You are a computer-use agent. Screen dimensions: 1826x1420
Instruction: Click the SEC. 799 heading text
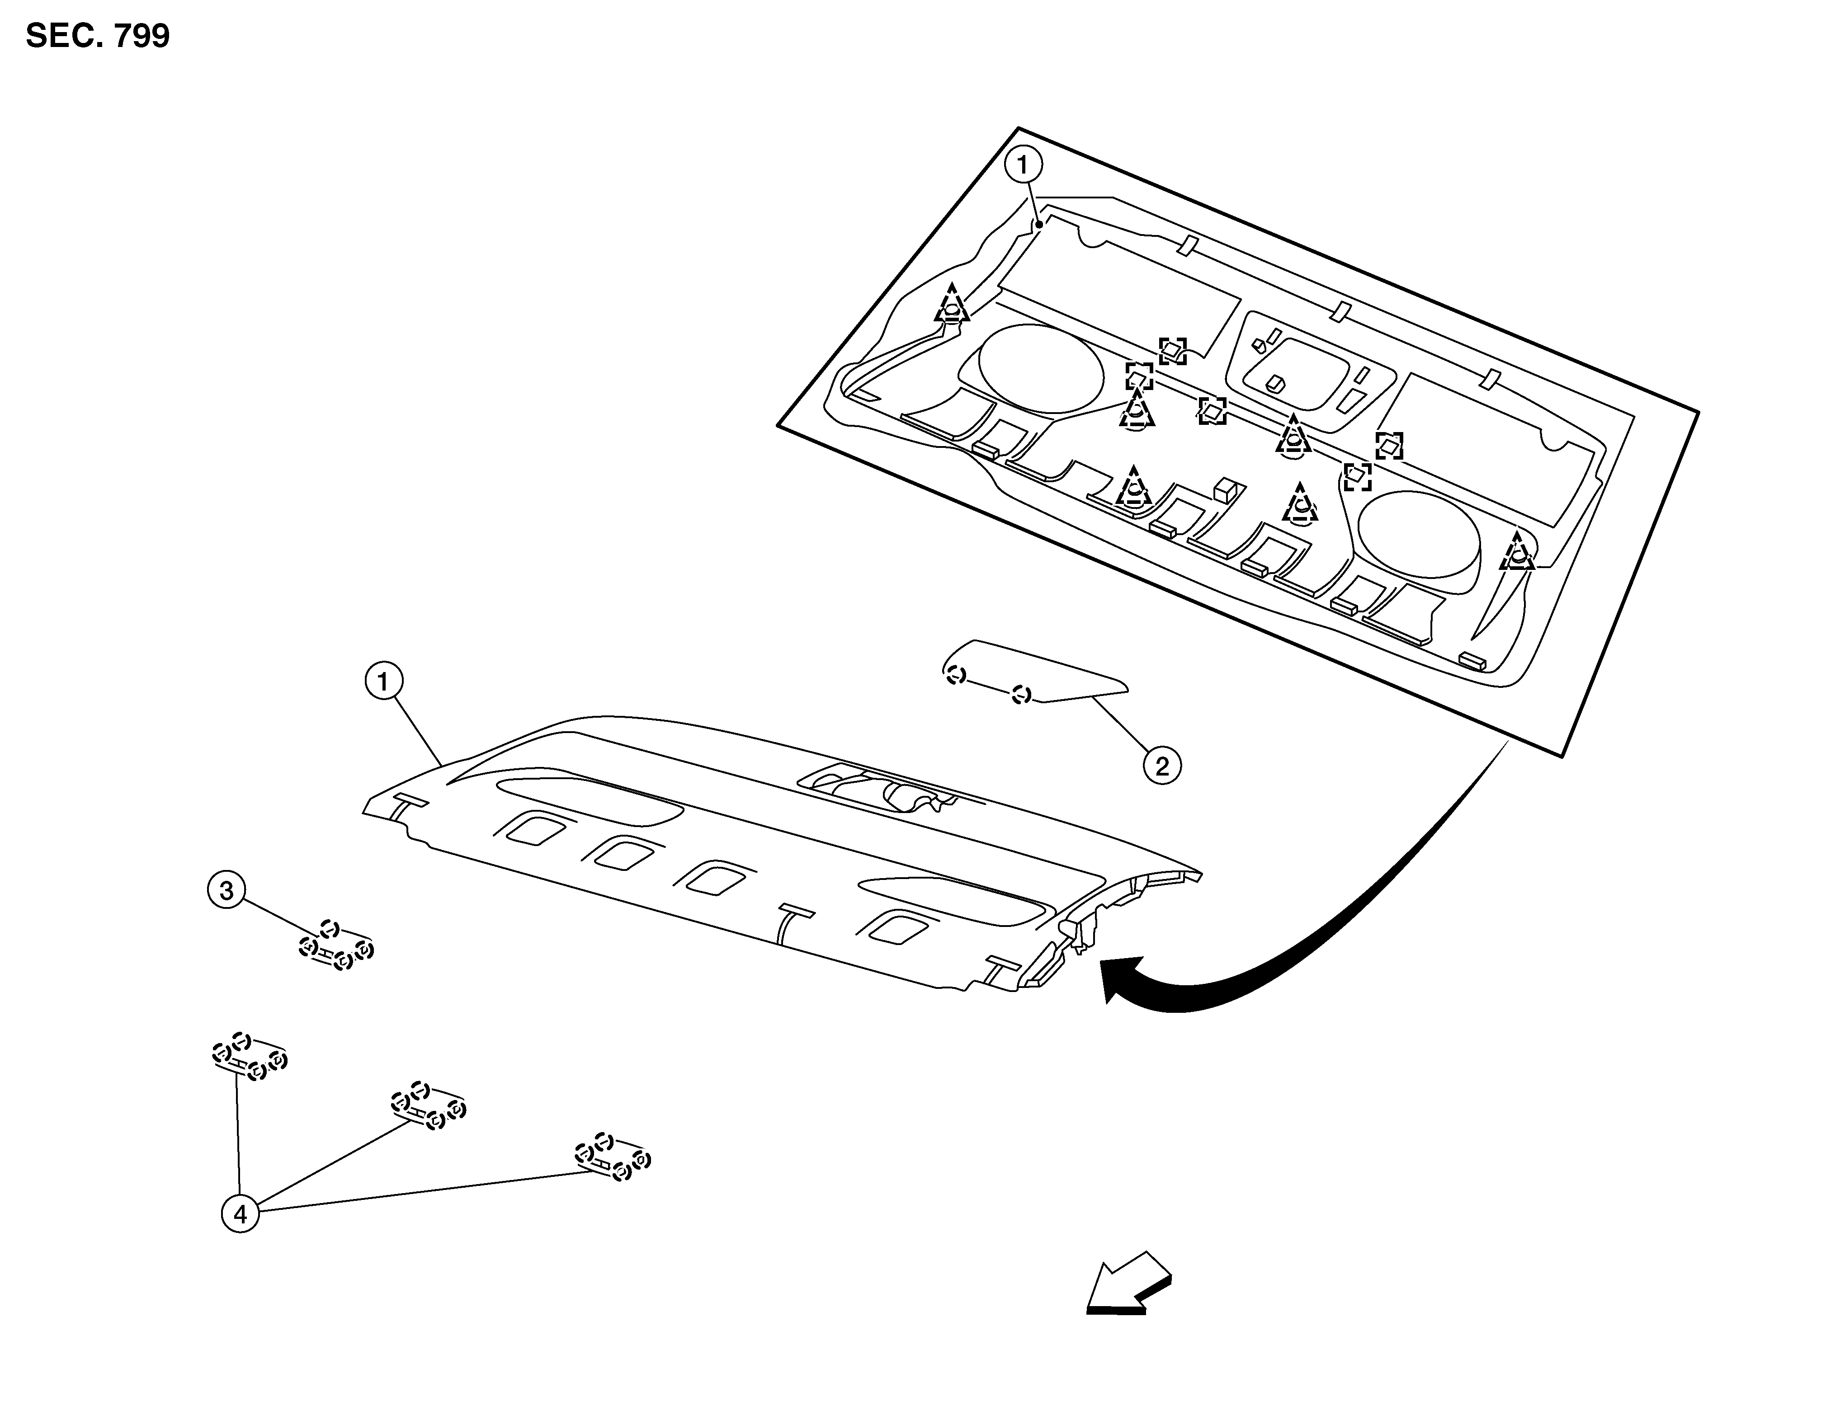point(98,36)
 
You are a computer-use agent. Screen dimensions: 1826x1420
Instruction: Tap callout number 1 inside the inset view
point(1024,165)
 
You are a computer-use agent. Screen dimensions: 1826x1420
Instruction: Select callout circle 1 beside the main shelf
point(384,683)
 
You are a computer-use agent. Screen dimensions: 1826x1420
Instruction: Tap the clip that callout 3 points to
point(336,945)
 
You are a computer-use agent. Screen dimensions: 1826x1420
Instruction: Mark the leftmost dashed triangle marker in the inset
point(952,303)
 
